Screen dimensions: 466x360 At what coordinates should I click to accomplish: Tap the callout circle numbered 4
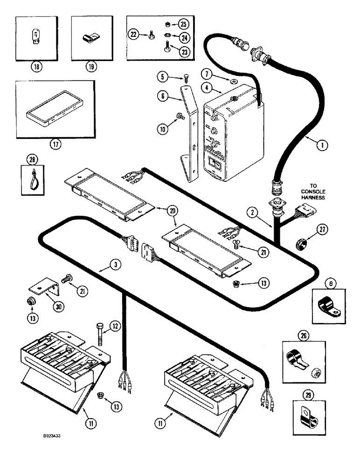pos(205,87)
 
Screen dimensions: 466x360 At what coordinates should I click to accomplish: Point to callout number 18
pos(35,66)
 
